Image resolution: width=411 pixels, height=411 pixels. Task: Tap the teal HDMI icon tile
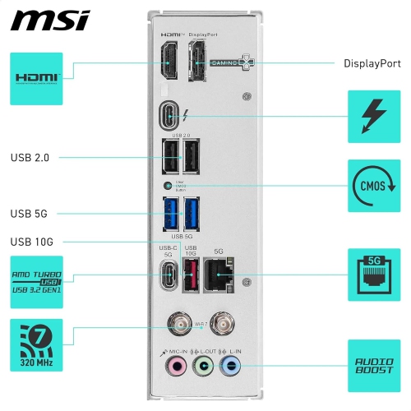(x=35, y=78)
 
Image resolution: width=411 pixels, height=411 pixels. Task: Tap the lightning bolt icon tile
(x=374, y=116)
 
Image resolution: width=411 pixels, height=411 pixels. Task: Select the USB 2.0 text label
(x=31, y=157)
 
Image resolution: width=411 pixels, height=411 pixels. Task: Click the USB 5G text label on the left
(x=30, y=214)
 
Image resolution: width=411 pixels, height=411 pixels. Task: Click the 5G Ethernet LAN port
(x=219, y=273)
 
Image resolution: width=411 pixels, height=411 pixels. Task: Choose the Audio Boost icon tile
(x=374, y=365)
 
